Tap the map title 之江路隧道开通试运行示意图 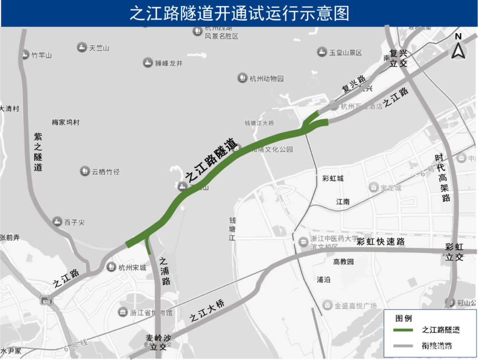tap(239, 13)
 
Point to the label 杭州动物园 tap(266, 79)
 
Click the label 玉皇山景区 tap(345, 53)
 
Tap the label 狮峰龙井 tap(169, 63)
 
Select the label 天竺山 tap(99, 48)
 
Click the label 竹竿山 tap(42, 55)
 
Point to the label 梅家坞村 tap(66, 122)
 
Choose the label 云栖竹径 tap(106, 172)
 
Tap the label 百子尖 tap(74, 222)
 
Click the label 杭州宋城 tap(132, 267)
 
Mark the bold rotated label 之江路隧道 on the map tap(212, 160)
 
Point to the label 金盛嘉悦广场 tap(355, 306)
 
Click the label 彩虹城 tap(333, 178)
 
